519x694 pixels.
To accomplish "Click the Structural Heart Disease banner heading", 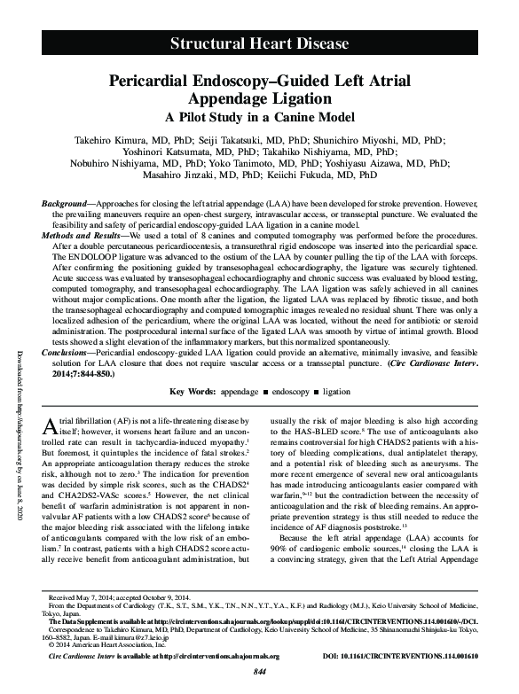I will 259,43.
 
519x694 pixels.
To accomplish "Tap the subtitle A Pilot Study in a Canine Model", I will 259,117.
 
